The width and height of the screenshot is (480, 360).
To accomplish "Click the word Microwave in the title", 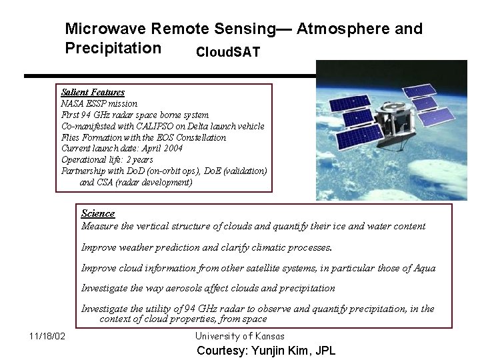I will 105,29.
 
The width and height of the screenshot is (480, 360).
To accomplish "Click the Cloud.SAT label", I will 228,52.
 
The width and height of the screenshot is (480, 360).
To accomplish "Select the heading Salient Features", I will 93,92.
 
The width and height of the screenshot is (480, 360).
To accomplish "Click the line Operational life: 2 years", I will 107,160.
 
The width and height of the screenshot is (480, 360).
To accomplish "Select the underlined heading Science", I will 98,213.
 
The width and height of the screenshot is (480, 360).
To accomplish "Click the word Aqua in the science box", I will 423,268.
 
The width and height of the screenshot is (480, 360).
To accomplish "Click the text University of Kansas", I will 240,336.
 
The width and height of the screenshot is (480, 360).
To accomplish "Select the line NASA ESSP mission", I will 99,103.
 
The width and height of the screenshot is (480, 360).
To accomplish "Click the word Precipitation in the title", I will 113,49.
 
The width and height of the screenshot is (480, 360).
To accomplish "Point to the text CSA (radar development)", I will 136,183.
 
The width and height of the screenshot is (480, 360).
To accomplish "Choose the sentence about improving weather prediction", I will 207,247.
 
